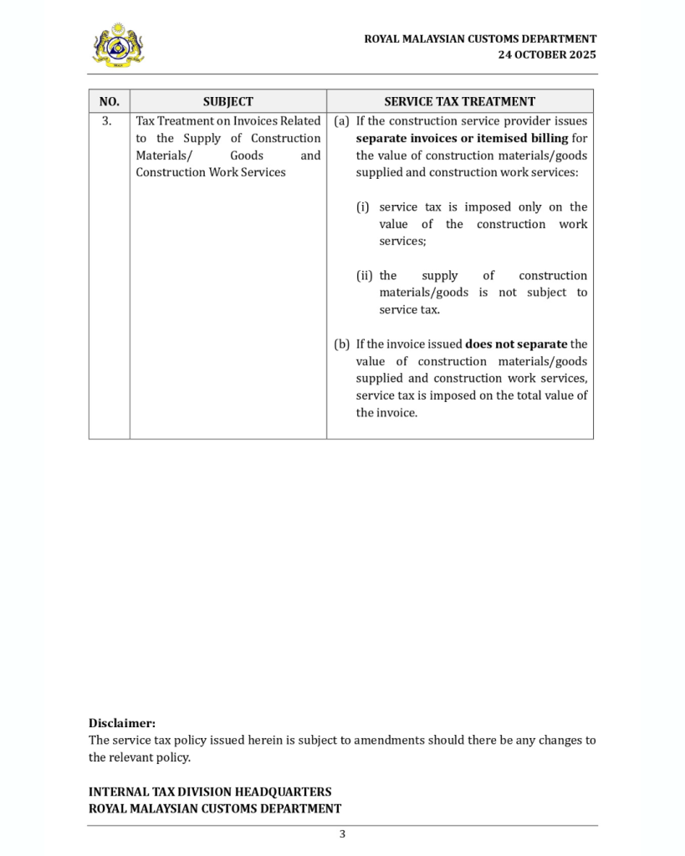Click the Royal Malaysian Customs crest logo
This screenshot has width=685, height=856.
(118, 44)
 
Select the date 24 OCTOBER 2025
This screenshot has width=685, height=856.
(547, 54)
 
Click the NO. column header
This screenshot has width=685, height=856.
(110, 101)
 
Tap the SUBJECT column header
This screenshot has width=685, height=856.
(227, 101)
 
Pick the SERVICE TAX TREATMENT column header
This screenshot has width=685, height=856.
(459, 101)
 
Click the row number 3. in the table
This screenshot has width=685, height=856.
(107, 121)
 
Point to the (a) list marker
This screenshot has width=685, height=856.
(341, 121)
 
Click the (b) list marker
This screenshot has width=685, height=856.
(341, 344)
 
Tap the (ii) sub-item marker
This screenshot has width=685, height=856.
(365, 275)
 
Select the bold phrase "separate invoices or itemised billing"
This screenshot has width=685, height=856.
(462, 138)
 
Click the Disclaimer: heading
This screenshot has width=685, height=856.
(122, 723)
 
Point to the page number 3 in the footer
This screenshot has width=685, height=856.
(342, 833)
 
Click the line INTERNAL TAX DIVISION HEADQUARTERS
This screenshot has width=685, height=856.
(210, 792)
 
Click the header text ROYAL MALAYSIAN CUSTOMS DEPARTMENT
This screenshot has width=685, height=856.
(480, 38)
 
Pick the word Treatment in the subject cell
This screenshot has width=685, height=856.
(183, 121)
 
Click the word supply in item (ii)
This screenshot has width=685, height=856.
(440, 275)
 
